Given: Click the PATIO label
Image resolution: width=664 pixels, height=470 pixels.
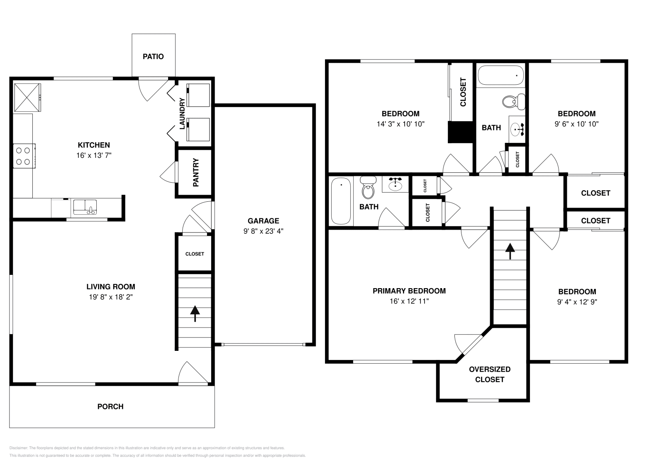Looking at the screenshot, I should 153,56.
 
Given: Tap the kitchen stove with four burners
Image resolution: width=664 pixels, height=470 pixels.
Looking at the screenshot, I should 24,156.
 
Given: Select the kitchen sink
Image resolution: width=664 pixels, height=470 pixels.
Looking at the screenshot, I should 85,207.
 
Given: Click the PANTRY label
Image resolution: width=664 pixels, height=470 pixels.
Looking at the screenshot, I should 196,172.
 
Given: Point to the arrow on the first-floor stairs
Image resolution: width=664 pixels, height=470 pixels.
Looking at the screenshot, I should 194,313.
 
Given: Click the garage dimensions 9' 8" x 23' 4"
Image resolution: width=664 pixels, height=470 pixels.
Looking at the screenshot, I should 263,231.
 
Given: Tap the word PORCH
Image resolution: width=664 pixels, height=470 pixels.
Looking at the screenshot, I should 110,406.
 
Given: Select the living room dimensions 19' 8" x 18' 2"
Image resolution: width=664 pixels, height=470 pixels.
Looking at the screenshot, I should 111,297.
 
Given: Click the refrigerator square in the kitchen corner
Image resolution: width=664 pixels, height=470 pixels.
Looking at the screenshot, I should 27,97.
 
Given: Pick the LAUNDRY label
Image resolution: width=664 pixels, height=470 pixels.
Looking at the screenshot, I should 182,113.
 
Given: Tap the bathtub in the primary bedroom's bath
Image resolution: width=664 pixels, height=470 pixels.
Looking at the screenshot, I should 341,201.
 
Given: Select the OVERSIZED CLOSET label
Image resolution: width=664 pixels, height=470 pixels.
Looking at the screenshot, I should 490,374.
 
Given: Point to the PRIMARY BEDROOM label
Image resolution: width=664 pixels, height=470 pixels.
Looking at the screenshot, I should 409,291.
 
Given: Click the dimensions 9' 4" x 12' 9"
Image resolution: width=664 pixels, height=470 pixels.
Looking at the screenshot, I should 577,302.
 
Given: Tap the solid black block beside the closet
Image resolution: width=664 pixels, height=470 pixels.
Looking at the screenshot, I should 461,132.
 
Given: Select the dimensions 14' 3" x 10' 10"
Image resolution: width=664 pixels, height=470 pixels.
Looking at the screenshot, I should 400,124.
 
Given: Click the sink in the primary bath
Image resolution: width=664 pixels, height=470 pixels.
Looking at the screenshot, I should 395,184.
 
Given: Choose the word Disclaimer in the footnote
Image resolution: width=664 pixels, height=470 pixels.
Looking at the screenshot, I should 18,448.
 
